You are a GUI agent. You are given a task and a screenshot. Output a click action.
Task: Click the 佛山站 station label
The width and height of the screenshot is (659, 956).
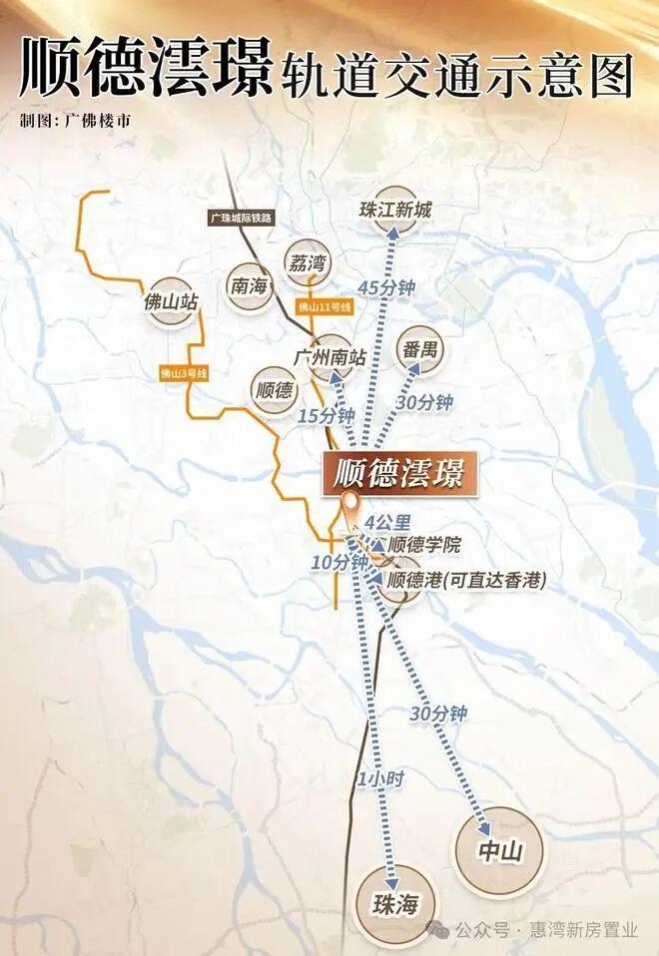coord(172,300)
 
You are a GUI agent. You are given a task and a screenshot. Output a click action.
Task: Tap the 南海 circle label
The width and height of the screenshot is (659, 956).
coord(250,285)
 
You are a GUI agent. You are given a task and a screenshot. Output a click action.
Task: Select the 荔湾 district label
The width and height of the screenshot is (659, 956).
coord(307,262)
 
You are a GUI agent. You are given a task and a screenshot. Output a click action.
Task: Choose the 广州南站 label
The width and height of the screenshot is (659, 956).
coord(330,356)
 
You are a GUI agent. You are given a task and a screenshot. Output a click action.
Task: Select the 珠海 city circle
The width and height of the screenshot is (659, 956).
coord(383,905)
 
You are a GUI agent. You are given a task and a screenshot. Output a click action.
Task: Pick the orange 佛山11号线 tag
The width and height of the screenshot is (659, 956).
coord(325,307)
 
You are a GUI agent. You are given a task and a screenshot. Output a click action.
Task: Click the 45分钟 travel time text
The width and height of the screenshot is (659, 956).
coord(385,286)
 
